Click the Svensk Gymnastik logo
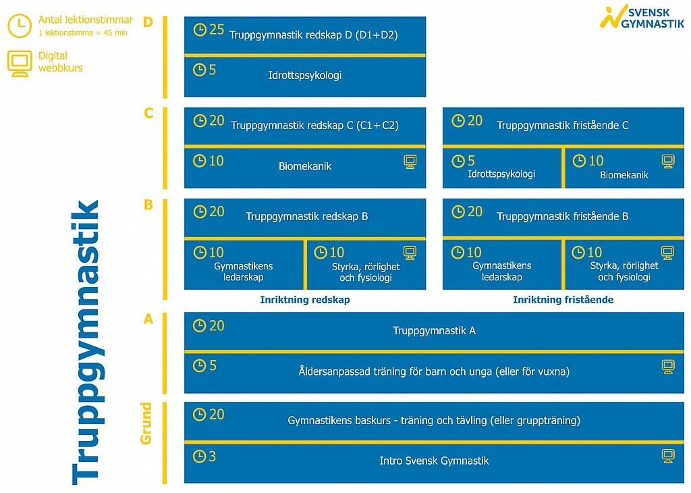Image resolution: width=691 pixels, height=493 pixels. click(x=642, y=17)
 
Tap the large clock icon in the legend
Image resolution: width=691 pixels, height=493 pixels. click(x=20, y=26)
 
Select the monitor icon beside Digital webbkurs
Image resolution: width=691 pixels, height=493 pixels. click(x=20, y=63)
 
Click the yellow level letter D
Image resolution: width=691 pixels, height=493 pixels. click(x=148, y=22)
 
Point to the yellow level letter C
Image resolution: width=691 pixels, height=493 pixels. click(x=148, y=113)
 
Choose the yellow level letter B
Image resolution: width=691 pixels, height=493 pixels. click(x=148, y=205)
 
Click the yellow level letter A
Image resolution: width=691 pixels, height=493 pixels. click(x=148, y=319)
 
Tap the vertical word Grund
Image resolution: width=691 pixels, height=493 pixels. click(x=146, y=423)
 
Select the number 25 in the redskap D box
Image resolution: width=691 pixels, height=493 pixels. click(x=217, y=30)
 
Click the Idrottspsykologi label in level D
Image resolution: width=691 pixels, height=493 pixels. click(x=305, y=76)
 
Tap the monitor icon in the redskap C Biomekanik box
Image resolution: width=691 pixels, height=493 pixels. click(x=410, y=162)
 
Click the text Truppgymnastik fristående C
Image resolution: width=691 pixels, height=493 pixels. click(x=563, y=125)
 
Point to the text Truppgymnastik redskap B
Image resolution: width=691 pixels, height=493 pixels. click(x=307, y=217)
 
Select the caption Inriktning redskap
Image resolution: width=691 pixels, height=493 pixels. click(x=305, y=300)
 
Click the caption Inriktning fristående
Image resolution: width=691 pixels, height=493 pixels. click(x=563, y=300)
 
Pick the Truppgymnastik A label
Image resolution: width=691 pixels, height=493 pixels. click(x=434, y=331)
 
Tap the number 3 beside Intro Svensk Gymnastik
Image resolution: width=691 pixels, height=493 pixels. click(x=213, y=457)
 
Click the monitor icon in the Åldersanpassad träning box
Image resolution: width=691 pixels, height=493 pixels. click(x=668, y=367)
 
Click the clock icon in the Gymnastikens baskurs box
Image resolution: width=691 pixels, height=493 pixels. click(x=200, y=415)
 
